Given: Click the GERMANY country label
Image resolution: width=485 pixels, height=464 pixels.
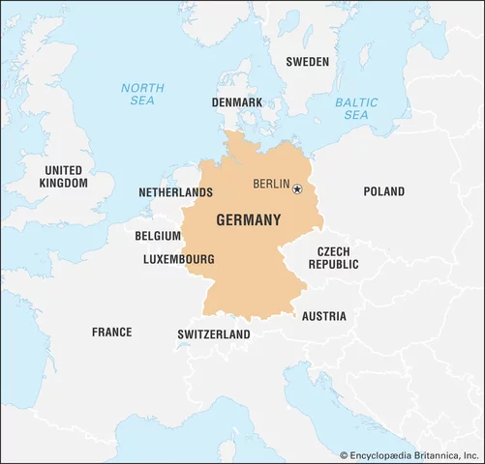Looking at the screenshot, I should click(x=248, y=219).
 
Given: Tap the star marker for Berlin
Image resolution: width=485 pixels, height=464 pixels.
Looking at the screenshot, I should click(x=297, y=188).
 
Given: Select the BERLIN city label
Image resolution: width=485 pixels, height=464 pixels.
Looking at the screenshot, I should click(x=270, y=184).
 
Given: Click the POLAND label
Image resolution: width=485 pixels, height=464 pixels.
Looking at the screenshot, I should click(x=383, y=191).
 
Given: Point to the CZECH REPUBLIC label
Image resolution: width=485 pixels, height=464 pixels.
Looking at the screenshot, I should click(x=332, y=257).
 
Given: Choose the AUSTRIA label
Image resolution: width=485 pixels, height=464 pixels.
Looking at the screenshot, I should click(x=323, y=316).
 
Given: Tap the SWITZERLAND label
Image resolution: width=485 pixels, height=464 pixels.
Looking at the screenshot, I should click(x=213, y=334).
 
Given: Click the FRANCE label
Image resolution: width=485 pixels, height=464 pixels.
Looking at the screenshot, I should click(x=111, y=332).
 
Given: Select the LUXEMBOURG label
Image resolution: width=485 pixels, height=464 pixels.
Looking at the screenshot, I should click(x=178, y=259).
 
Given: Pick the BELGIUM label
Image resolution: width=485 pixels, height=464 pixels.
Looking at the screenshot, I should click(x=158, y=235).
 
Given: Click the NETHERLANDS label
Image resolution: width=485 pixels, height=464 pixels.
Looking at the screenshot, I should click(x=175, y=192).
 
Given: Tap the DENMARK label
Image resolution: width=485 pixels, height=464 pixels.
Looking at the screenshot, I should click(x=236, y=101).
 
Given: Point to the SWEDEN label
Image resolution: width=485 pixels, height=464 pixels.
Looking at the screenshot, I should click(x=307, y=62).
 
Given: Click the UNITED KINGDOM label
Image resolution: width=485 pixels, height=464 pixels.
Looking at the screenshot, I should click(x=63, y=176).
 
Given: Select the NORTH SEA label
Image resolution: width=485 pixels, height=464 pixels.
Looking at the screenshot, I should click(x=142, y=94).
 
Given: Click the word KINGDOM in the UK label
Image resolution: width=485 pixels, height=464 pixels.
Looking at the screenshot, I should click(x=63, y=183).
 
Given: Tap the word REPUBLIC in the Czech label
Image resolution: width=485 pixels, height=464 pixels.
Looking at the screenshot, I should click(x=332, y=264).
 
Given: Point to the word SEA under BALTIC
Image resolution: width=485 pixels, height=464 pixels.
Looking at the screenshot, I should click(x=355, y=115).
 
